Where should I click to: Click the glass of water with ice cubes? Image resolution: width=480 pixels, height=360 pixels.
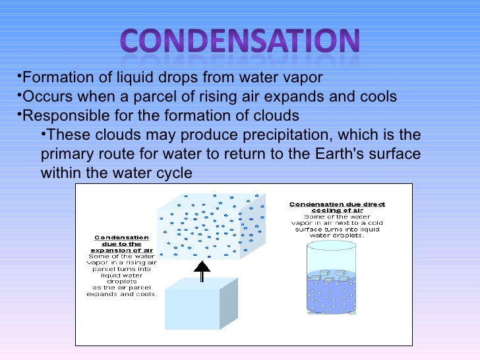(331, 278)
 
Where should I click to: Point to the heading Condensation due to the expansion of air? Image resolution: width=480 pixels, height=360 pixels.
(121, 244)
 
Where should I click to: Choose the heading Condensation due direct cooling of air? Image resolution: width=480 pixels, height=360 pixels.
(337, 208)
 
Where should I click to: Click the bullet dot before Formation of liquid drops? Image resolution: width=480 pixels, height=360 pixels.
(18, 76)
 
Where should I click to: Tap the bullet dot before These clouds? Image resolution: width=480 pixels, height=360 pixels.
(44, 135)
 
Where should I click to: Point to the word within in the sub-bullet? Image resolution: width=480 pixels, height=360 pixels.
(61, 173)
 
